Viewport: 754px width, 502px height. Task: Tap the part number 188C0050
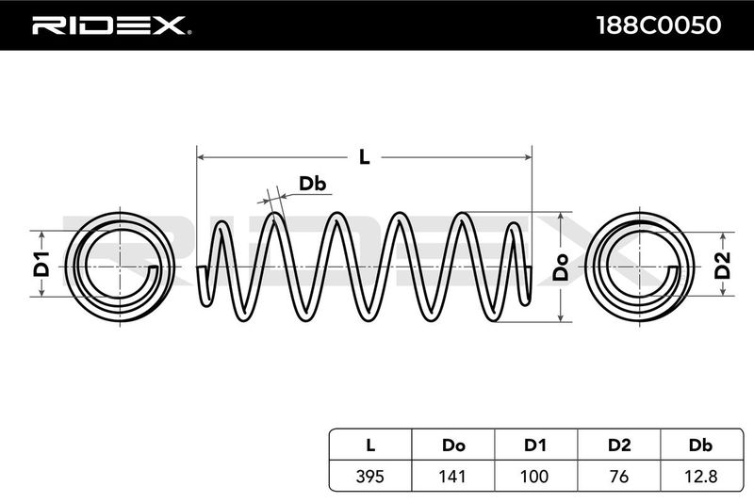click(658, 25)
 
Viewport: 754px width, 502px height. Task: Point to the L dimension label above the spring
click(365, 156)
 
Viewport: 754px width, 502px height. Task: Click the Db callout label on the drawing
click(313, 184)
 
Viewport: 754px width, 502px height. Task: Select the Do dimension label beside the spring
click(560, 267)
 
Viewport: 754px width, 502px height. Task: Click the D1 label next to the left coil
click(41, 264)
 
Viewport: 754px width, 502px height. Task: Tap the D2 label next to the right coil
click(722, 266)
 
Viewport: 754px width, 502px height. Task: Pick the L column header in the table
click(370, 445)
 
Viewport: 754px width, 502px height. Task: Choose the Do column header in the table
click(453, 445)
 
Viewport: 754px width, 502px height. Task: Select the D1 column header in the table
click(535, 445)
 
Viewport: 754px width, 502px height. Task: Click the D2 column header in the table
click(619, 445)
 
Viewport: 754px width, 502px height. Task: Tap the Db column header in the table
click(701, 445)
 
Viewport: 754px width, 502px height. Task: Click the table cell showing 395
click(370, 476)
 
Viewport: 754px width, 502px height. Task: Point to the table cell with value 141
click(453, 476)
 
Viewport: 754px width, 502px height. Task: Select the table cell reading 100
click(535, 476)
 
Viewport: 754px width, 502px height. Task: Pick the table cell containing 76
click(619, 476)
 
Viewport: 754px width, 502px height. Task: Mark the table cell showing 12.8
click(701, 476)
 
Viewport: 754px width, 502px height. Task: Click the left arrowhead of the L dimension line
click(202, 157)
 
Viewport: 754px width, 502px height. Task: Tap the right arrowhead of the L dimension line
click(527, 157)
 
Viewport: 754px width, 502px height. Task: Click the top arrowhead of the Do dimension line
click(560, 217)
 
